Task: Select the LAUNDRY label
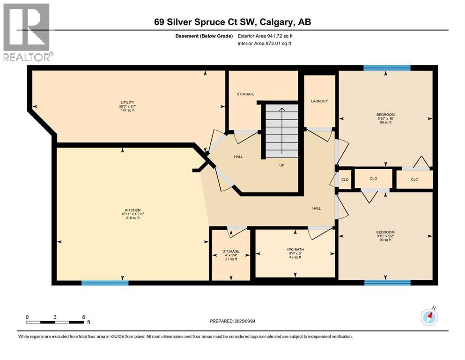(319, 101)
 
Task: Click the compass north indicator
(429, 317)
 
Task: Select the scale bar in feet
(55, 322)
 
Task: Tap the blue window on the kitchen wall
(105, 283)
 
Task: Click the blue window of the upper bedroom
(387, 68)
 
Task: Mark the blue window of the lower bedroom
(387, 283)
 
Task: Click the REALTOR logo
(27, 32)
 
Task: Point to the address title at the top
(232, 22)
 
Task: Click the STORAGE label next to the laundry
(245, 94)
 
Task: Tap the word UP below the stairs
(282, 165)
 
